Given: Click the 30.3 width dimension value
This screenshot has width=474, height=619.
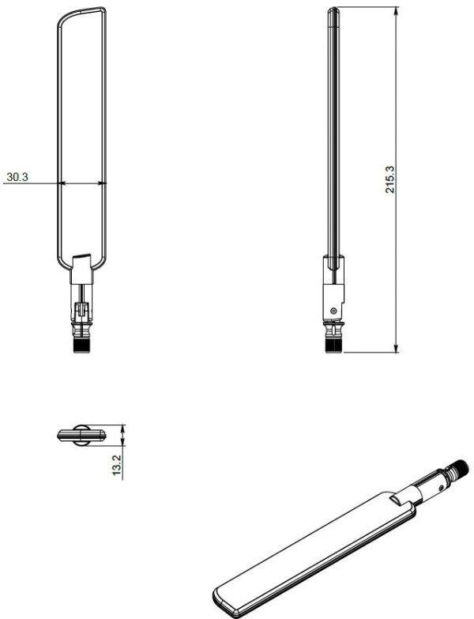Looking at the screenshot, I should [x=17, y=178].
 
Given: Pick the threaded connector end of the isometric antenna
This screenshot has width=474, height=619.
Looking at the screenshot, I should [x=458, y=470].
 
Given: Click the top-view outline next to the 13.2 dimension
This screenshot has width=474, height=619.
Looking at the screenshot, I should [x=81, y=434].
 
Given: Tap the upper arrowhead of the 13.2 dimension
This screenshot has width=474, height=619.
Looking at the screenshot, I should [x=124, y=428].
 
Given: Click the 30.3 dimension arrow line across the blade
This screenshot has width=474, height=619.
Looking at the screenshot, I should [x=83, y=183].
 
